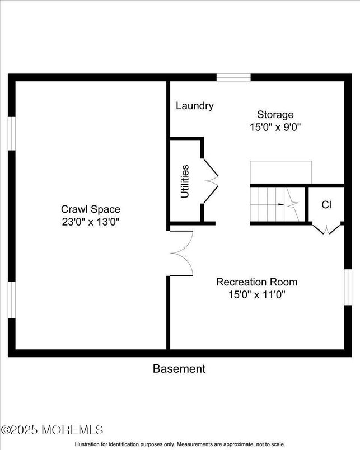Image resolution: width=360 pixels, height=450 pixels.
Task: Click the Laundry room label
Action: [x=194, y=105]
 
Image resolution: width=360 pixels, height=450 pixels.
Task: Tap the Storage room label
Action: [x=275, y=115]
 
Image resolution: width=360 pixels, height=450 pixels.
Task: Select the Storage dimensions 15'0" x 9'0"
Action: [x=275, y=127]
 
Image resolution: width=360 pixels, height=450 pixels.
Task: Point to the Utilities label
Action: [x=185, y=181]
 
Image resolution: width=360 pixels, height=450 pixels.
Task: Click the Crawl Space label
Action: [x=91, y=209]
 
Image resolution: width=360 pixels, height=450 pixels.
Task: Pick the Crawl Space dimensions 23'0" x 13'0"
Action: [x=91, y=222]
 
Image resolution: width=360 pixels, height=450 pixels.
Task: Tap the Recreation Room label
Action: [x=256, y=282]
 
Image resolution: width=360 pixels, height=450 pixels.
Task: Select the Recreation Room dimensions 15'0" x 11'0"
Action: [x=256, y=294]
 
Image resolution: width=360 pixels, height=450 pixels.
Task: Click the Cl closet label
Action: [x=326, y=205]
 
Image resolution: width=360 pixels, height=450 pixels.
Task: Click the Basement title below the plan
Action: [x=179, y=368]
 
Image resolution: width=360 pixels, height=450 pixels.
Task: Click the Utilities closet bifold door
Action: [x=209, y=180]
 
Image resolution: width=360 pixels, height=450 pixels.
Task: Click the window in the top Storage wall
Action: [x=233, y=78]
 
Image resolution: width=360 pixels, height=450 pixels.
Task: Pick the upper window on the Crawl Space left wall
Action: [x=11, y=133]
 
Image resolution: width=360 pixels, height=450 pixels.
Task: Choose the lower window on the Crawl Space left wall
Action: [x=11, y=301]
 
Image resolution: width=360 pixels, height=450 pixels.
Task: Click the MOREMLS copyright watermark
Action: [x=53, y=430]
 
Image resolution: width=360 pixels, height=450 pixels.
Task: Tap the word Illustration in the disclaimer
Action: [x=91, y=444]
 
